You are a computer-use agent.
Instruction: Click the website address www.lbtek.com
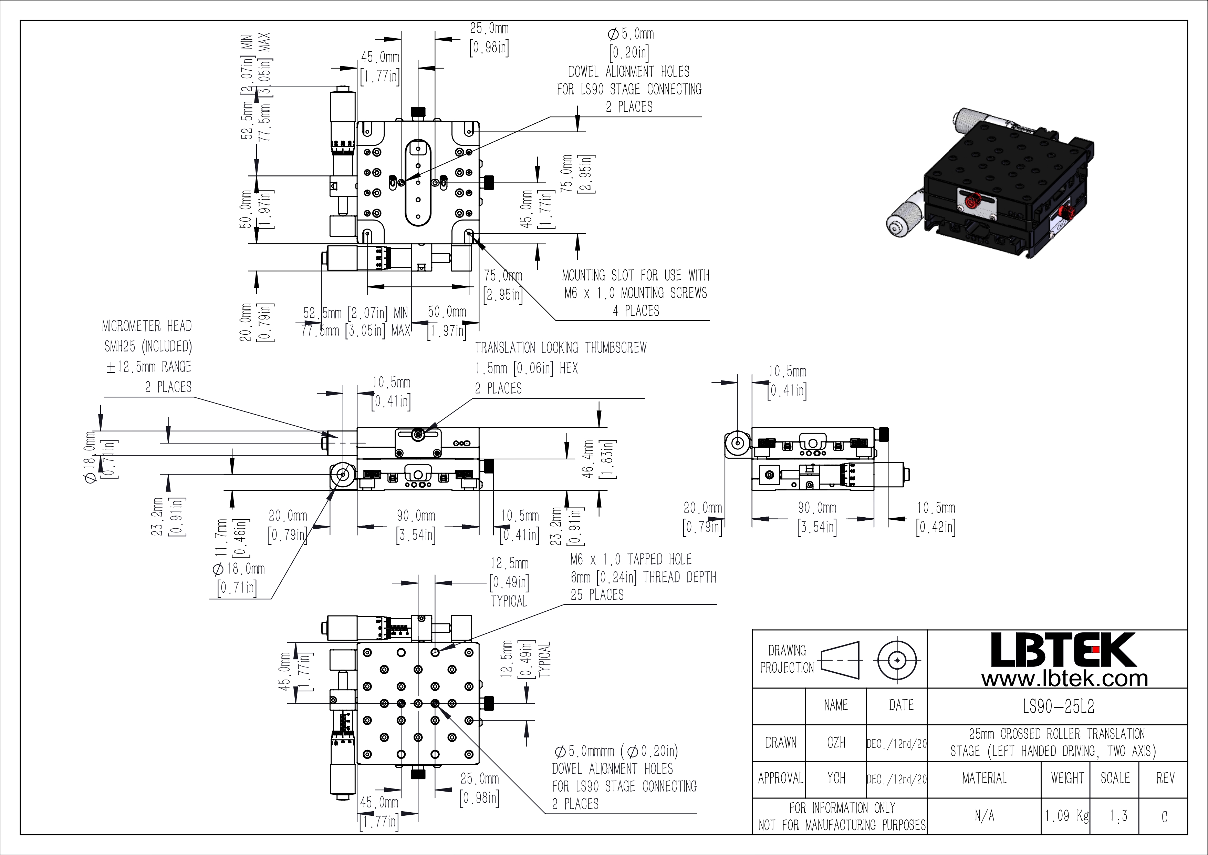1064,679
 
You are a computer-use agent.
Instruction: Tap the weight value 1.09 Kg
1066,816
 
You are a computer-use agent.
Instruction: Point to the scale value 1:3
1118,816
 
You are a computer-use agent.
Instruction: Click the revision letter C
1164,816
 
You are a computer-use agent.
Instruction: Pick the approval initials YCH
836,778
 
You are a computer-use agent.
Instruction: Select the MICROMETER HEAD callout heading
147,326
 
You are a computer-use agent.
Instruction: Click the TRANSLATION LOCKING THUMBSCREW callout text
561,347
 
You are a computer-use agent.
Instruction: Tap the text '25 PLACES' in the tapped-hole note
597,595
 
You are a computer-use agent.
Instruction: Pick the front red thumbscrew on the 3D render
972,200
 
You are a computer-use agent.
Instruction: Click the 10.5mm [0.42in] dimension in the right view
936,518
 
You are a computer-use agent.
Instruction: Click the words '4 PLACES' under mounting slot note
636,311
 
